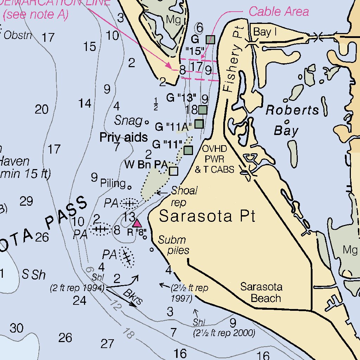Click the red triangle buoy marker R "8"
click(x=137, y=223)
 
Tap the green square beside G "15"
click(x=210, y=39)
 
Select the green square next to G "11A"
click(x=199, y=123)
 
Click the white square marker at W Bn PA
click(x=173, y=171)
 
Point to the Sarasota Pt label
click(x=207, y=216)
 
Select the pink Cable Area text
click(x=279, y=12)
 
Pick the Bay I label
click(x=265, y=32)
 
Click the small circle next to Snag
click(x=147, y=122)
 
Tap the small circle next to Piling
click(x=129, y=187)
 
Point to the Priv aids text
click(x=123, y=137)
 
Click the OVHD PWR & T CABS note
click(x=214, y=159)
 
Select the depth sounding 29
click(x=26, y=201)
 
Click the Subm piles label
click(x=172, y=245)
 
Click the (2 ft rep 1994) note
click(x=77, y=289)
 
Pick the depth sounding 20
click(x=41, y=110)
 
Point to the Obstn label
click(x=18, y=35)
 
